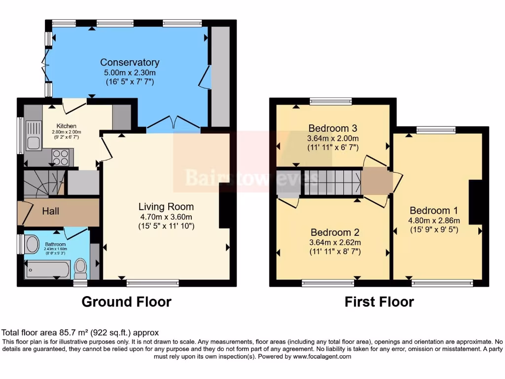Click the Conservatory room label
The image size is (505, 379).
(x=130, y=62)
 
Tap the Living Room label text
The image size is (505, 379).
(x=166, y=207)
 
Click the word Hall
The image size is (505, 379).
(x=50, y=211)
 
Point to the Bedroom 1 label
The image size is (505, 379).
(x=430, y=210)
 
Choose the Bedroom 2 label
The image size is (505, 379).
(x=335, y=232)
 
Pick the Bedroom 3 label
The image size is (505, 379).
(x=333, y=129)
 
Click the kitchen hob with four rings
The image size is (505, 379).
(x=60, y=157)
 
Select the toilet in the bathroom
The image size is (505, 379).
(x=80, y=268)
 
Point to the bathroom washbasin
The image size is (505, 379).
(x=33, y=244)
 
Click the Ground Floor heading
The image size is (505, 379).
(x=126, y=302)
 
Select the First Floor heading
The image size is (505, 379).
(x=379, y=302)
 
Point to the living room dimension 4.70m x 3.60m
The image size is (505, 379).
(x=166, y=217)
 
